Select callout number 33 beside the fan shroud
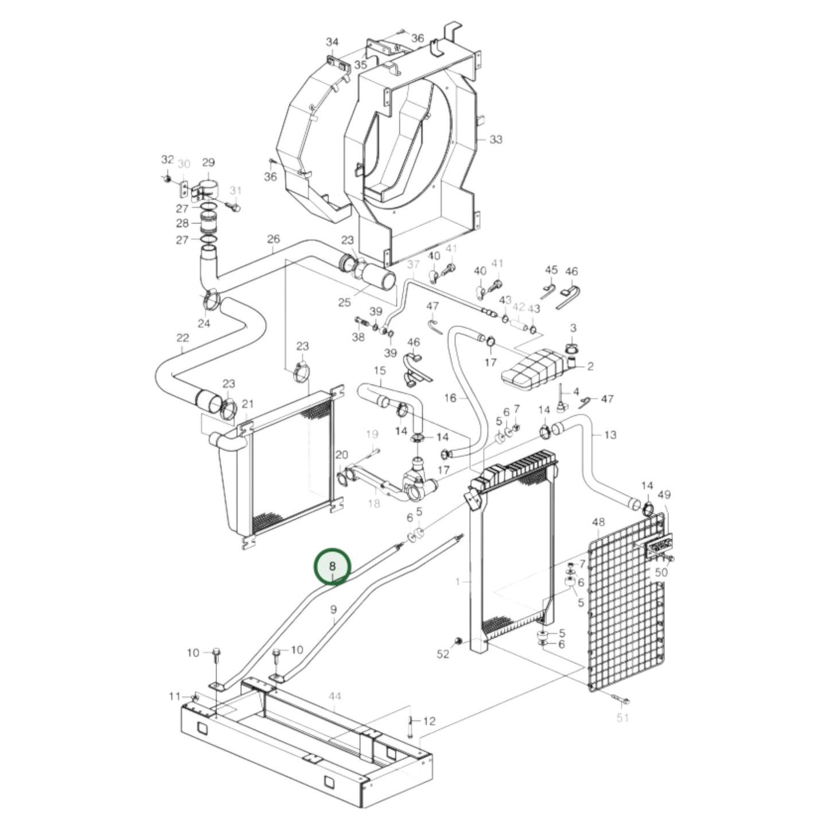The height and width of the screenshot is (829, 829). coord(496,139)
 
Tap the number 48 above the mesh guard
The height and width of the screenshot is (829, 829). coord(598,522)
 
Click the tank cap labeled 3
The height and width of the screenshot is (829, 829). coord(572,348)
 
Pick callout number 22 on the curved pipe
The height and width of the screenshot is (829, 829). coord(182,337)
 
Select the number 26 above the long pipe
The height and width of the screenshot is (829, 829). coord(273,238)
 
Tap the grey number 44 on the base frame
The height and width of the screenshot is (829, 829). coord(335,696)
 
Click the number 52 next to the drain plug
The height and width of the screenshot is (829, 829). coord(443,654)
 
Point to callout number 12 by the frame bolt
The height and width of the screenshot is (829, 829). coord(429,721)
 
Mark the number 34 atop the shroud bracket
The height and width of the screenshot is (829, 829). coord(332,42)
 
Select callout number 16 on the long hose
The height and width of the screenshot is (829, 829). coord(450,398)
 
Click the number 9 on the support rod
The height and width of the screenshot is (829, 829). coord(333,610)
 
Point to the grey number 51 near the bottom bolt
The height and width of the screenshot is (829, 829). coord(623,717)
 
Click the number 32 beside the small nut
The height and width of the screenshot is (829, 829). coord(167,159)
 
